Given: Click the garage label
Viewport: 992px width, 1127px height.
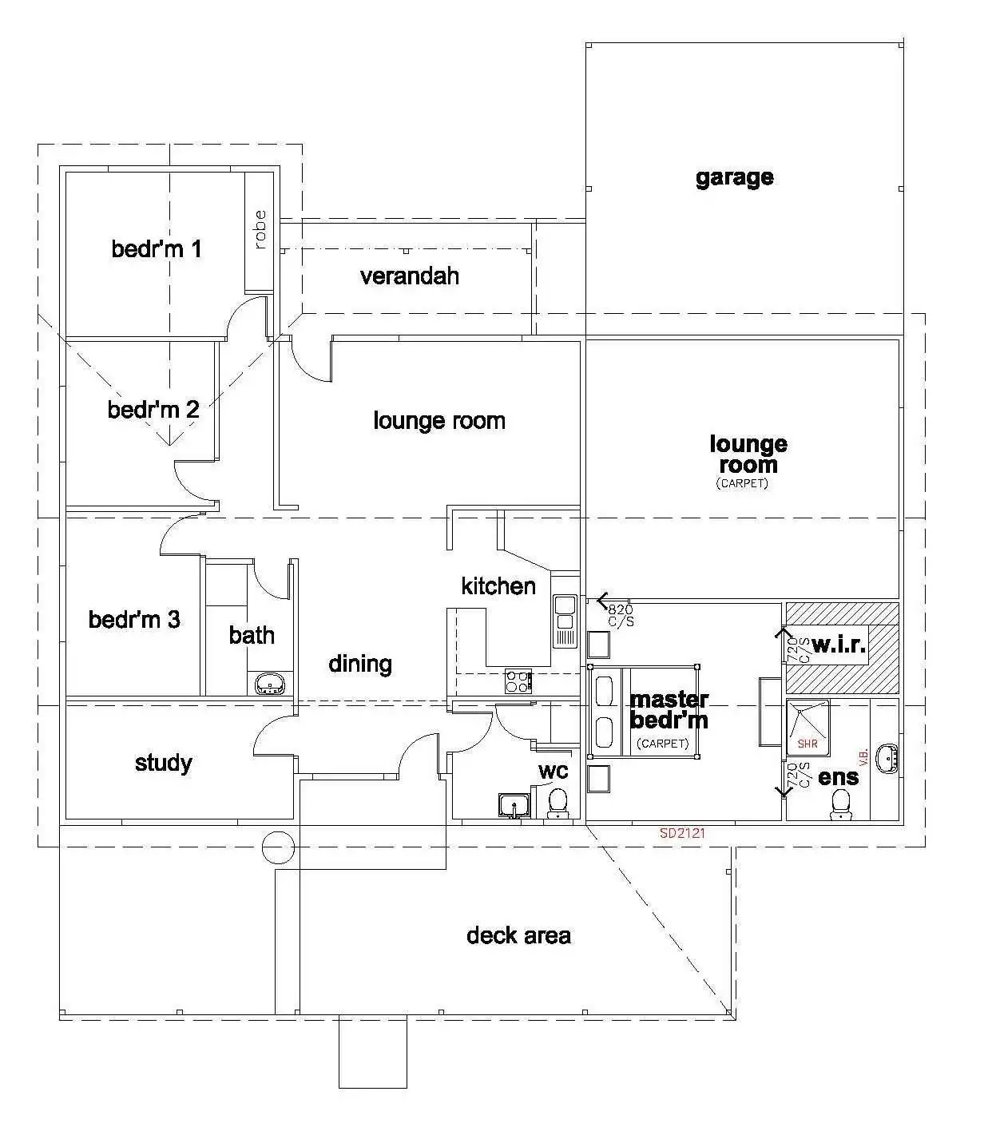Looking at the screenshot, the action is coord(734,177).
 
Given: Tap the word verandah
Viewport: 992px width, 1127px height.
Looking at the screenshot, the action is coord(409,276).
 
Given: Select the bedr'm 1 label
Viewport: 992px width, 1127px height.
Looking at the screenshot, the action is coord(157,249).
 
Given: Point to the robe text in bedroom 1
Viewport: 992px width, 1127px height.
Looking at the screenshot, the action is coord(260,229).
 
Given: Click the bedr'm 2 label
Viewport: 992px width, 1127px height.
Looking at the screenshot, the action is coord(153,410).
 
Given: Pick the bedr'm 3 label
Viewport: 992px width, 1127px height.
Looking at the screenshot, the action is coord(134,619).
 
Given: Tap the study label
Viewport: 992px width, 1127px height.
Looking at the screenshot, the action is coord(163,763).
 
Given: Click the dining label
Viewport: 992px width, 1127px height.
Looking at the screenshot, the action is coord(360,664).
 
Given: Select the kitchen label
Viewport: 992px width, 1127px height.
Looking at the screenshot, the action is coord(498,586).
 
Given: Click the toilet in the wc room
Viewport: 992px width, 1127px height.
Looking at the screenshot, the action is coord(558,801).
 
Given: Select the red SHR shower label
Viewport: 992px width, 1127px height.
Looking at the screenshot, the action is coord(807,744).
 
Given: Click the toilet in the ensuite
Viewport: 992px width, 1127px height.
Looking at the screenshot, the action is coord(839,804).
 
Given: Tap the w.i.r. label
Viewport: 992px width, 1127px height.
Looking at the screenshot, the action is coord(839,645).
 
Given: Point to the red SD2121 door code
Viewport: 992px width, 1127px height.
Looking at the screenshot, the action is coord(682,833).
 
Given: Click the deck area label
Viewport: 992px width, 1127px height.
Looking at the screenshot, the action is coord(518,935).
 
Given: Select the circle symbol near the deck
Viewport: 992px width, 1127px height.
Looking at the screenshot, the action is coord(279,847).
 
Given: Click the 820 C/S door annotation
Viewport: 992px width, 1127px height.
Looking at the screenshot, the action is coord(620,615).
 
